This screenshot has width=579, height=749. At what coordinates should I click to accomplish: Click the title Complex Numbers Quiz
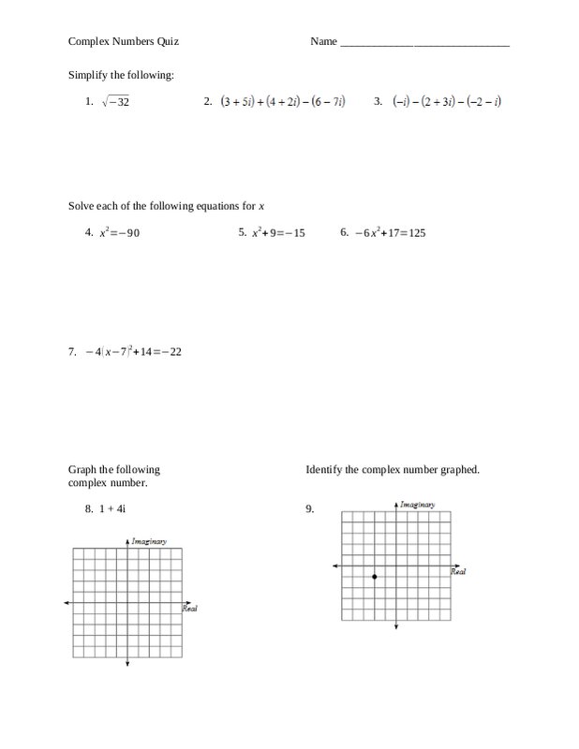click(x=124, y=42)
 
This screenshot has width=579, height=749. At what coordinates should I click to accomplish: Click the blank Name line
click(x=424, y=44)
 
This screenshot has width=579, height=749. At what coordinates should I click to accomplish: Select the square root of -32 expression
click(x=115, y=102)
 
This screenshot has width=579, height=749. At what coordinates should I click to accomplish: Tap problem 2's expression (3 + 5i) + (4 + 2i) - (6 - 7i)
click(x=283, y=102)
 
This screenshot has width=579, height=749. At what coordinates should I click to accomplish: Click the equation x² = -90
click(x=119, y=232)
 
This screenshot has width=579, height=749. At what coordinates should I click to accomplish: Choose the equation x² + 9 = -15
click(x=278, y=232)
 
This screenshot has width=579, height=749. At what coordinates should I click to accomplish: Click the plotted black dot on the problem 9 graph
click(x=375, y=577)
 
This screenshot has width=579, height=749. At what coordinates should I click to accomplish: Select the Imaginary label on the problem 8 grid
click(x=149, y=540)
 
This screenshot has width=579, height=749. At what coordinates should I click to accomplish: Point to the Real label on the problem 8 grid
click(x=189, y=609)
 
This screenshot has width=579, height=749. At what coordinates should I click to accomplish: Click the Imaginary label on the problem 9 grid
click(x=417, y=505)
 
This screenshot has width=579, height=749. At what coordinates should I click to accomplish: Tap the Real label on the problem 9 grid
click(x=458, y=572)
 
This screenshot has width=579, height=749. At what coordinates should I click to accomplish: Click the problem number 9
click(x=309, y=509)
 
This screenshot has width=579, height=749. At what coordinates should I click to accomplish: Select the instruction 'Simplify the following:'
click(x=121, y=74)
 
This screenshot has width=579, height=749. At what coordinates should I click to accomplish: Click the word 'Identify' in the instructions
click(x=324, y=469)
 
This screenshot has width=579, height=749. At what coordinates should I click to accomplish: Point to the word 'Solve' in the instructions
click(x=82, y=205)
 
